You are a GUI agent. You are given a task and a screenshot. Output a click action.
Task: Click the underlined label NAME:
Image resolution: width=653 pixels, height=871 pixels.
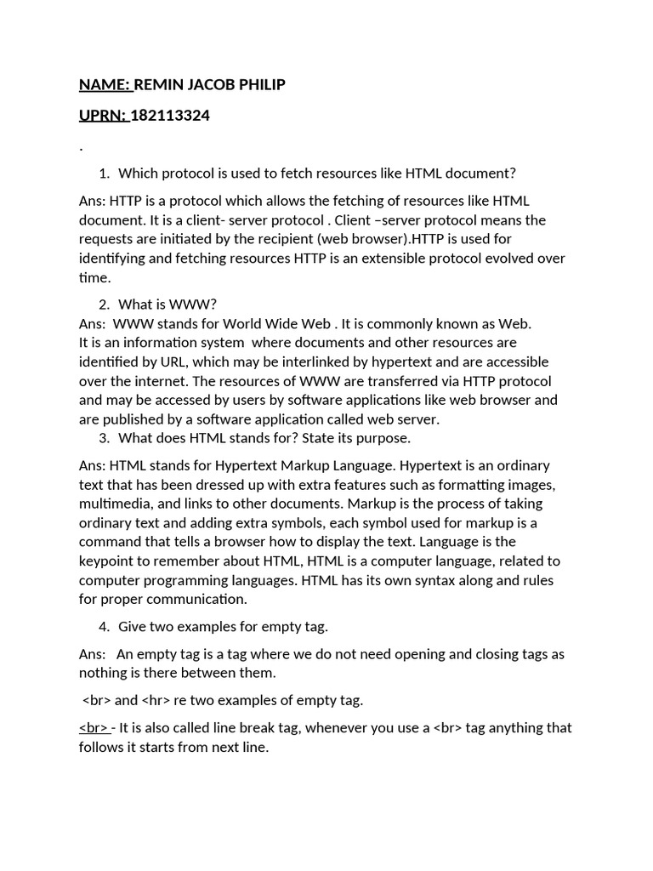point(105,84)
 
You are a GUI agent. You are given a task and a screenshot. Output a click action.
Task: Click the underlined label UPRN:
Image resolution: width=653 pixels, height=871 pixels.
point(103,116)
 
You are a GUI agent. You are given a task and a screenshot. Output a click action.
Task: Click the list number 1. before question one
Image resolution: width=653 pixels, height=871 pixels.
point(104,174)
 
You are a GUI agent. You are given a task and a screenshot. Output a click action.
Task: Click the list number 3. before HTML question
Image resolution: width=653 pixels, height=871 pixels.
point(104,438)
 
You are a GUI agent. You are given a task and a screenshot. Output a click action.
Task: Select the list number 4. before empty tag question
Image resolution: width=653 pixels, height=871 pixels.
point(104,627)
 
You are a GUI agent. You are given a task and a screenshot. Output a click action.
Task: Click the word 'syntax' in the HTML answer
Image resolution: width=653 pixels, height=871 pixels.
point(383,580)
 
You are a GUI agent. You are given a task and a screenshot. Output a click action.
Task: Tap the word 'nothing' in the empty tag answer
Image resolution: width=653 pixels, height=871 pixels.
point(105,673)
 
